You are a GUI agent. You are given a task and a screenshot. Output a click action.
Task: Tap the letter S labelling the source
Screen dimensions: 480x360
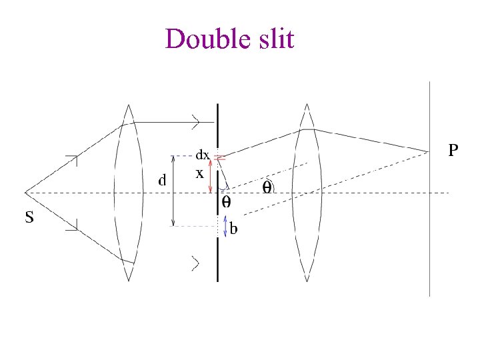[x=30, y=217]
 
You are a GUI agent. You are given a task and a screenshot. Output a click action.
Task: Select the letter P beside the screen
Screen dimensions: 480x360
[x=453, y=151]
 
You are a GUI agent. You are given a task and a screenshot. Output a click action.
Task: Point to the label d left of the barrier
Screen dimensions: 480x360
[x=161, y=180]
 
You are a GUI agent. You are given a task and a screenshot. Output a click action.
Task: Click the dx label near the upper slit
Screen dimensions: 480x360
[x=203, y=155]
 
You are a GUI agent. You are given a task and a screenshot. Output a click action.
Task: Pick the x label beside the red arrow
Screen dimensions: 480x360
[x=199, y=173]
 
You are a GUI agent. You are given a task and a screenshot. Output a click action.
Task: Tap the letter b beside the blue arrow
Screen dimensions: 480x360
[x=234, y=230]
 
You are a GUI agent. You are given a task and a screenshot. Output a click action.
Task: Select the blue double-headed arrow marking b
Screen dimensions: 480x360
[x=225, y=226]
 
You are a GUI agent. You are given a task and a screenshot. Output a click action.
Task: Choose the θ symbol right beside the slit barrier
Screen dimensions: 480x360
[x=226, y=201]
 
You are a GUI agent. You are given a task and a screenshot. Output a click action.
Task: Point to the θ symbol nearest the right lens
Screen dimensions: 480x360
[x=267, y=187]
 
